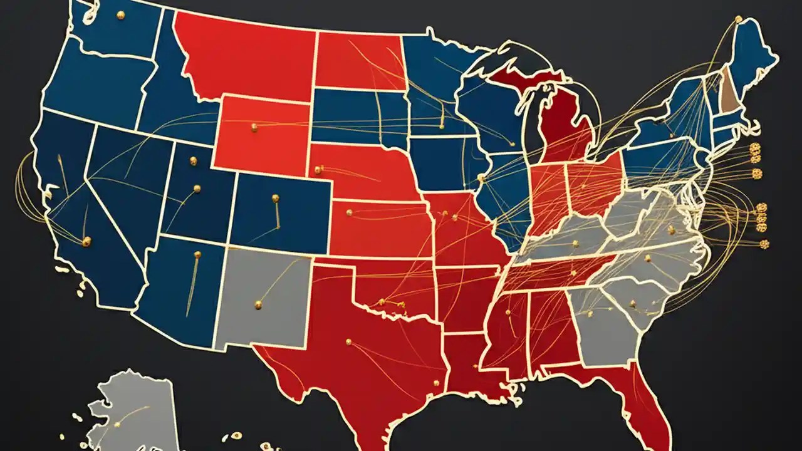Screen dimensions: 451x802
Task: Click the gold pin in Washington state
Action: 120,15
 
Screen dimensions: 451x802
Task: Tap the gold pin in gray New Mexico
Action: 258,304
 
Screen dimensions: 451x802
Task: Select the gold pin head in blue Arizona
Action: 197,254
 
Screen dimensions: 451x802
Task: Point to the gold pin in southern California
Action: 86,241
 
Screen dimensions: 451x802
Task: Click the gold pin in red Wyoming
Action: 254,127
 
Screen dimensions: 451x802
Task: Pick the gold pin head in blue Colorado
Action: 275,199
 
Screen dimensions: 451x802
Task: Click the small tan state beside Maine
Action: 727,88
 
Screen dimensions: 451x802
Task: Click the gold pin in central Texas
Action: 348,342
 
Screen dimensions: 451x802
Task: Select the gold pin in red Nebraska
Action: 318,169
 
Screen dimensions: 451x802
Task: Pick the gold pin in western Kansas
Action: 349,212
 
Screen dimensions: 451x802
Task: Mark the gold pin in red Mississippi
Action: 507,313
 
